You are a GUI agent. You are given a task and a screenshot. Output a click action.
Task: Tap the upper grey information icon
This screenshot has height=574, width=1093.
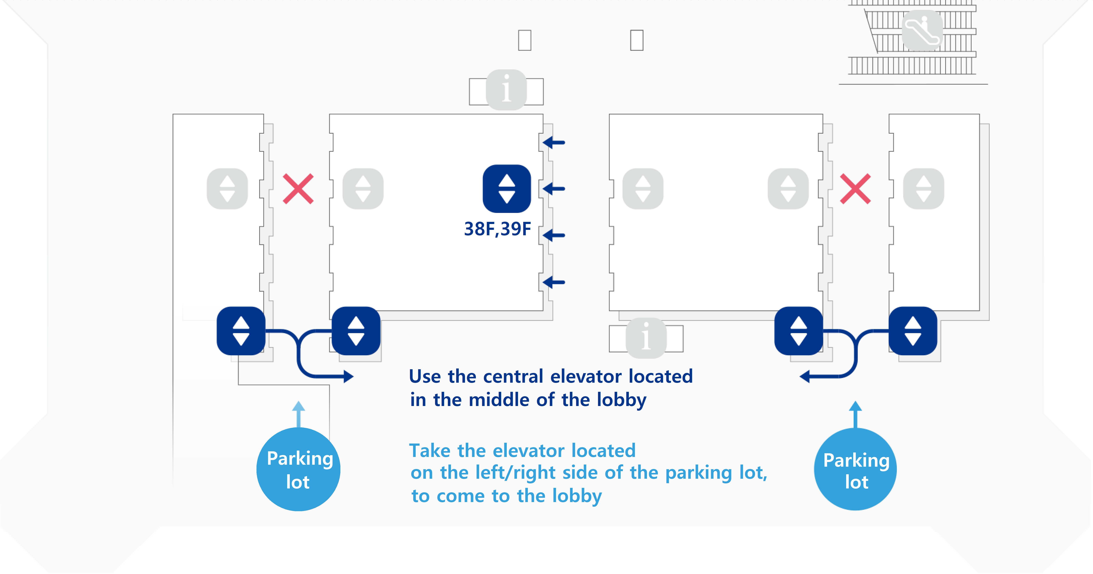[506, 90]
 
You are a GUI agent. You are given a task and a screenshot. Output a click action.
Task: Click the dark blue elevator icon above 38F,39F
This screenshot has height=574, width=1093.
[507, 189]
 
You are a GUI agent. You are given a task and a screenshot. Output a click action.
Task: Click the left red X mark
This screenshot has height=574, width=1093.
[298, 189]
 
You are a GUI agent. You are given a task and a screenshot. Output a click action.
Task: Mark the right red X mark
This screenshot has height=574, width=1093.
[855, 189]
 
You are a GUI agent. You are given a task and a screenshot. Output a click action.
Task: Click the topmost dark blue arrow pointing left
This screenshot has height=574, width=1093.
[554, 143]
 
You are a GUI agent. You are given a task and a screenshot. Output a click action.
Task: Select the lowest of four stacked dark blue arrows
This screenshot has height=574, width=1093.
[554, 282]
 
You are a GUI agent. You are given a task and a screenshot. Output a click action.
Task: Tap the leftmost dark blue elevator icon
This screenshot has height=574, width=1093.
[241, 331]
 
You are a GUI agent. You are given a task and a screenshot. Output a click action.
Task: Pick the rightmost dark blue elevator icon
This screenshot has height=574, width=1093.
[913, 331]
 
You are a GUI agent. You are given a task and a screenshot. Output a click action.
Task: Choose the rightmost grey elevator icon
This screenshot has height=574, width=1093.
[924, 189]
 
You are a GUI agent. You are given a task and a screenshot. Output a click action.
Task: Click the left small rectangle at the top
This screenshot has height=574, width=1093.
[525, 40]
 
